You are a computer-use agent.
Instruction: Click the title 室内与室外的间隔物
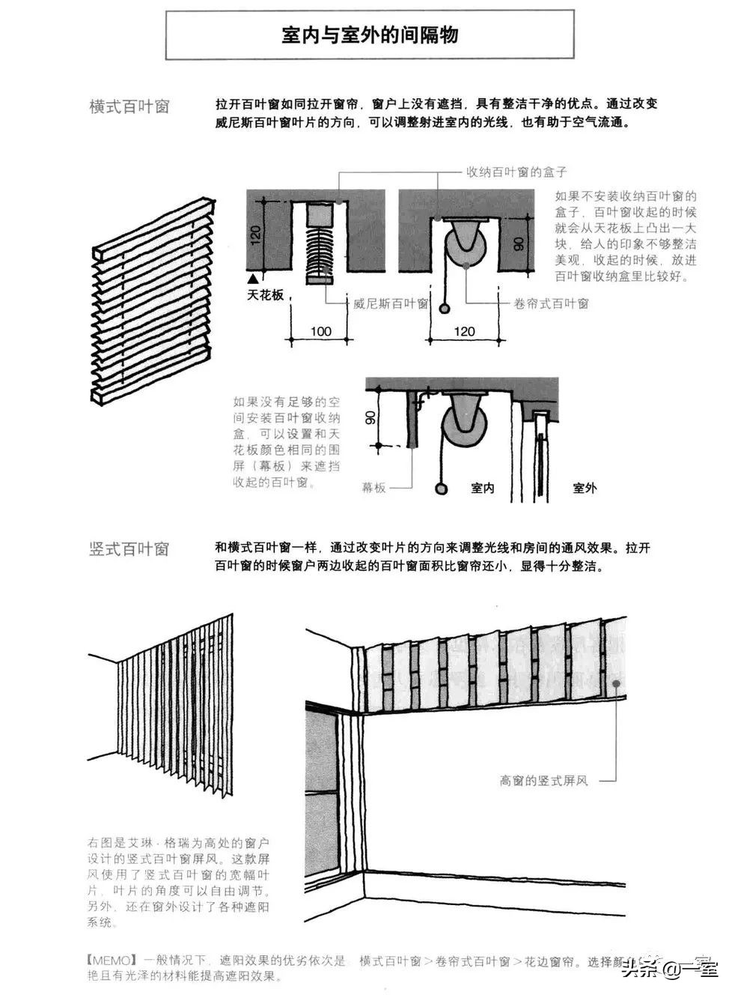pyautogui.click(x=370, y=35)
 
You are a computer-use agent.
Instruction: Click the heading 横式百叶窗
pyautogui.click(x=129, y=106)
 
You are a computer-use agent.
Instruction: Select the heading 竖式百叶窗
pyautogui.click(x=129, y=549)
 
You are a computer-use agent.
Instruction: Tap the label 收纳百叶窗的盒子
pyautogui.click(x=516, y=172)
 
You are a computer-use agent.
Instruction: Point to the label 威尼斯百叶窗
pyautogui.click(x=390, y=303)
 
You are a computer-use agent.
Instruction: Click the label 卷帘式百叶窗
pyautogui.click(x=552, y=303)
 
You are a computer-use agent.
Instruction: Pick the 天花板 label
pyautogui.click(x=266, y=294)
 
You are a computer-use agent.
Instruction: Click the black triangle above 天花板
pyautogui.click(x=254, y=277)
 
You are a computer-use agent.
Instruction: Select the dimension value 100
pyautogui.click(x=320, y=330)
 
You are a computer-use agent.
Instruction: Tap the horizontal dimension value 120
pyautogui.click(x=464, y=330)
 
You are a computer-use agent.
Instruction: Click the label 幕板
pyautogui.click(x=373, y=488)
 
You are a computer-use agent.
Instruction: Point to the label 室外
pyautogui.click(x=585, y=488)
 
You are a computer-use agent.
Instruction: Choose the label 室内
pyautogui.click(x=483, y=488)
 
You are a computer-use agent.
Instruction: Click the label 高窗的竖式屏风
pyautogui.click(x=544, y=781)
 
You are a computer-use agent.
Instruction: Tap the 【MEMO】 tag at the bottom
pyautogui.click(x=110, y=960)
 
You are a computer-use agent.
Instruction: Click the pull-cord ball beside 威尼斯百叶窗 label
pyautogui.click(x=445, y=308)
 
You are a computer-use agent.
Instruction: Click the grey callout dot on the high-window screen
pyautogui.click(x=616, y=683)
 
